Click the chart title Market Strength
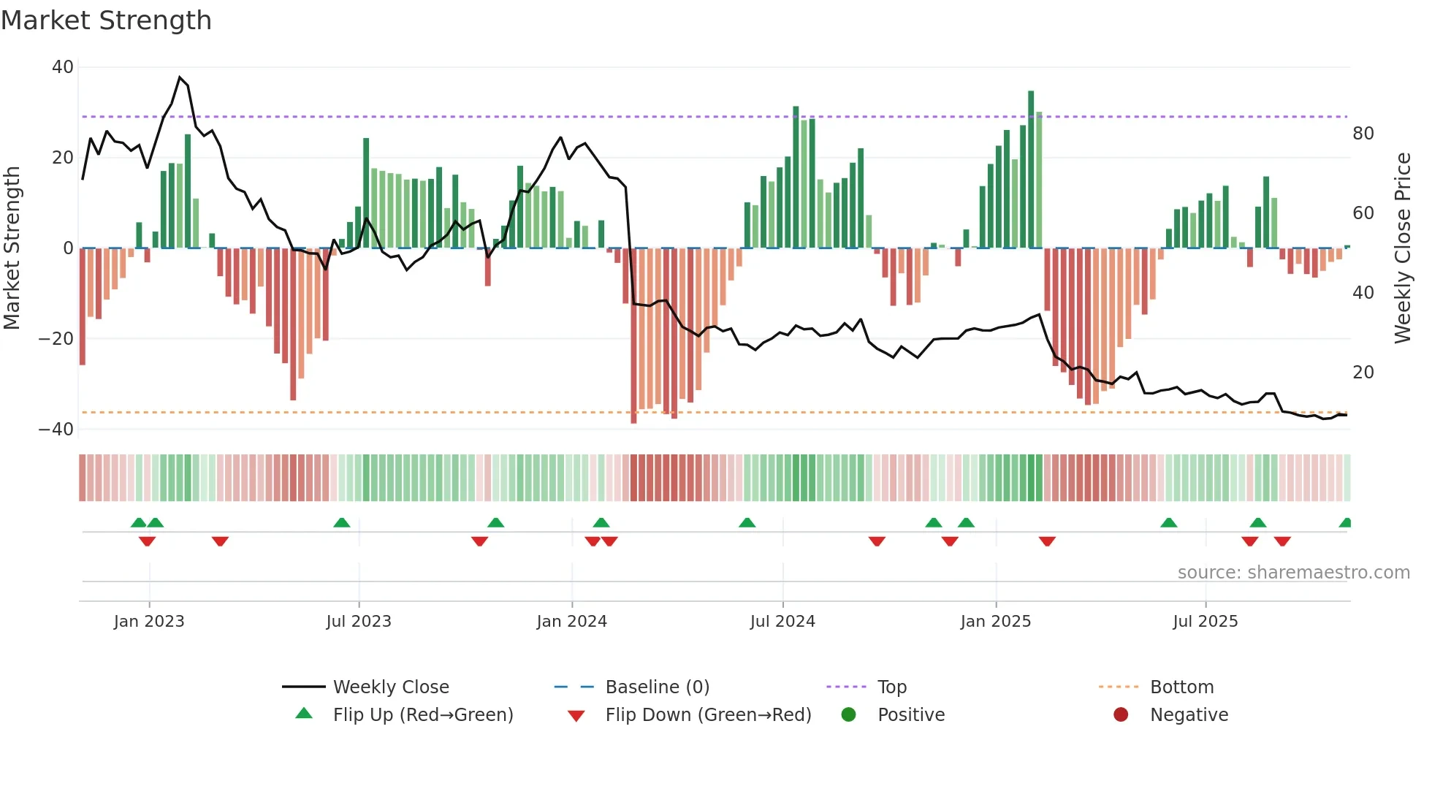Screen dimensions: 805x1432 [x=106, y=20]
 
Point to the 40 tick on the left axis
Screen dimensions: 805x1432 [x=63, y=67]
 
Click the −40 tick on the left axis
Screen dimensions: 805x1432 [x=56, y=430]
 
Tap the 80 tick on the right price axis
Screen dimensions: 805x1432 [x=1363, y=134]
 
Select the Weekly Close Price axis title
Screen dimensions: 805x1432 [x=1402, y=248]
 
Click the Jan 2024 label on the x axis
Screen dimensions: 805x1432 [x=571, y=622]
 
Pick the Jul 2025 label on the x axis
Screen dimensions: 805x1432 [x=1205, y=622]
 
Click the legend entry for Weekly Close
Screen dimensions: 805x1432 [x=390, y=687]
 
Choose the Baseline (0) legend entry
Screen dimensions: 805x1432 [x=657, y=687]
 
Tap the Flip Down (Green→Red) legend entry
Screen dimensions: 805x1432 [x=707, y=715]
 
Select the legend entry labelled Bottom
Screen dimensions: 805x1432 [x=1181, y=687]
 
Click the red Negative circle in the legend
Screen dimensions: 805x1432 [x=1121, y=715]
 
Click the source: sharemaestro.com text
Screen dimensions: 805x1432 [x=1293, y=573]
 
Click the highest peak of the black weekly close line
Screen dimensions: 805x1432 [x=180, y=77]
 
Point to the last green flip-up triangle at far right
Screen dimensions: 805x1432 [x=1346, y=523]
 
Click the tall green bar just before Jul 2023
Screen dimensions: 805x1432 [x=366, y=193]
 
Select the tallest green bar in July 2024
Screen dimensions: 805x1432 [x=796, y=177]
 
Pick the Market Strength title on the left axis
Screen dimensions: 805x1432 [x=12, y=248]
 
